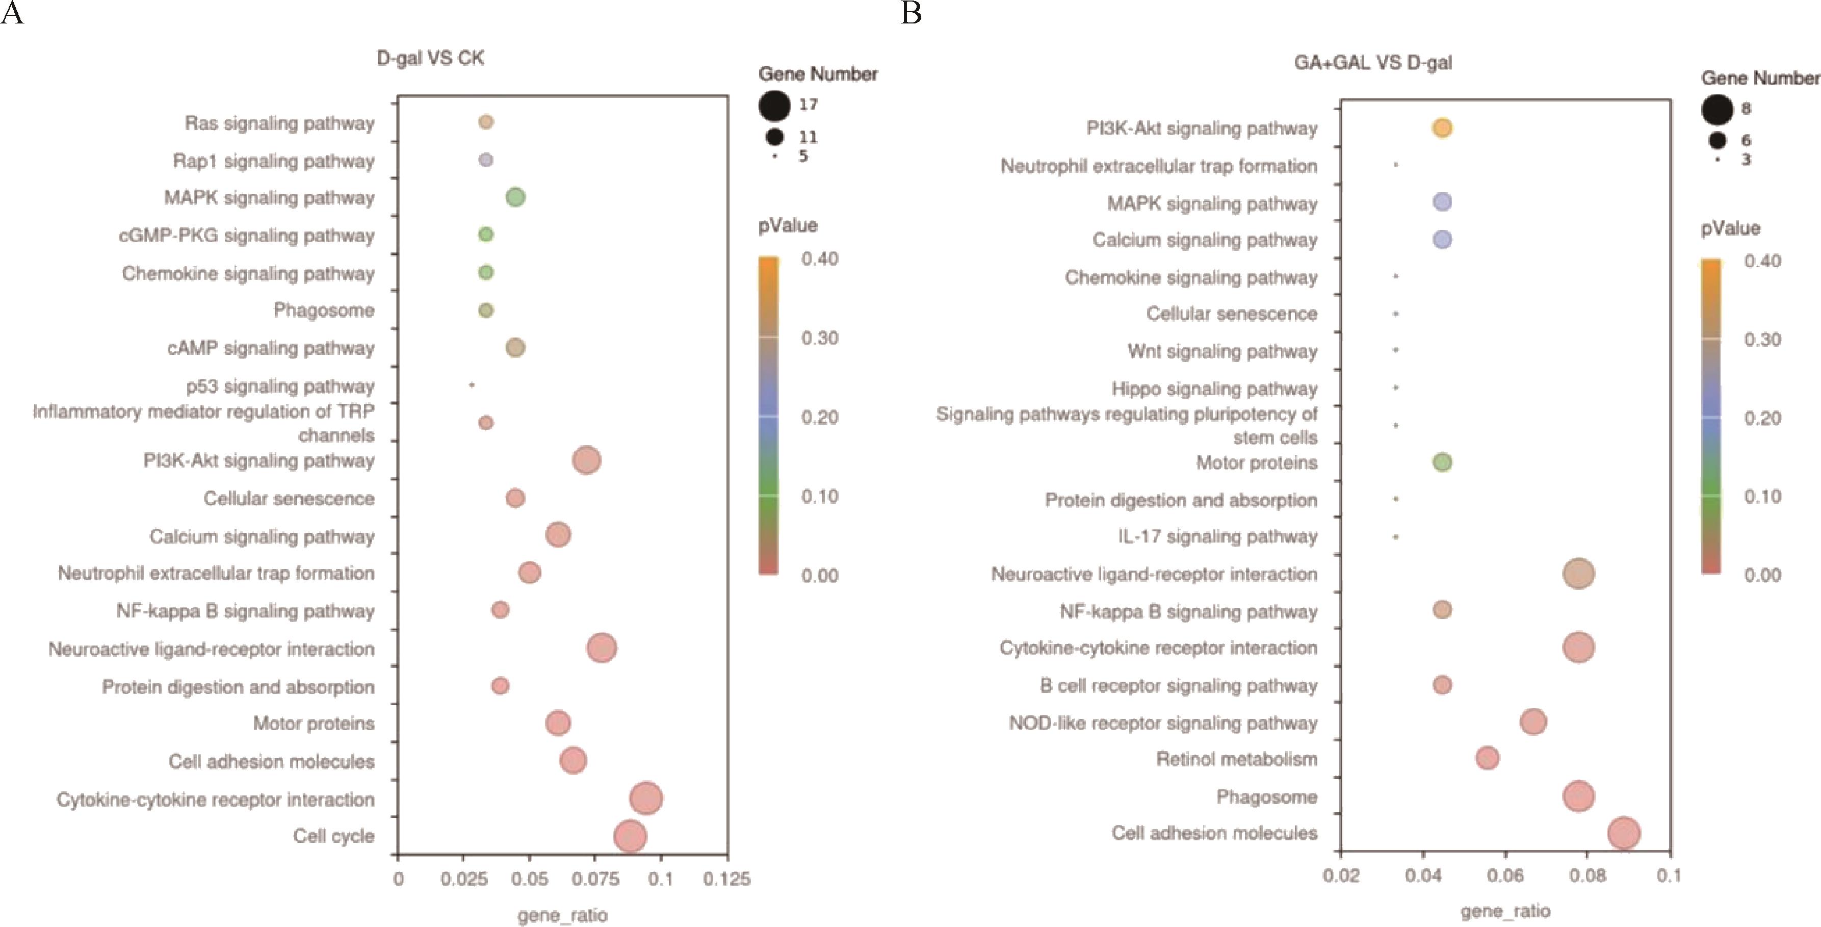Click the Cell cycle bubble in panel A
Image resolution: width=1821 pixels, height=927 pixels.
click(x=630, y=836)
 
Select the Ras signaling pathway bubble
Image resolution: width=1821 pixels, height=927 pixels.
click(x=486, y=122)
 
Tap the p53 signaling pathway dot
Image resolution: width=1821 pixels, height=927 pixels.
click(x=472, y=385)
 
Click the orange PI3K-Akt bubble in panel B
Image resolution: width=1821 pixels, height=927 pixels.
click(x=1442, y=128)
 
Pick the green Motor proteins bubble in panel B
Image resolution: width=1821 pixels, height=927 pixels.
click(x=1442, y=462)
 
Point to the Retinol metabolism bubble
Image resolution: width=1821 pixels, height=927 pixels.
click(x=1488, y=758)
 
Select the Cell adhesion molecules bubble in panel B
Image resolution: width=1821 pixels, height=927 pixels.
click(x=1624, y=834)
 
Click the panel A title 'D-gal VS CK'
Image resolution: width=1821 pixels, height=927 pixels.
click(x=430, y=58)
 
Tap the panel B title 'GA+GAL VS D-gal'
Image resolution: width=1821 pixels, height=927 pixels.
click(x=1373, y=63)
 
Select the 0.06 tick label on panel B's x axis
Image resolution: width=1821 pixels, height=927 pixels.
click(x=1505, y=875)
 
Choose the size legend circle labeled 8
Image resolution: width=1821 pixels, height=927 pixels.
click(x=1717, y=110)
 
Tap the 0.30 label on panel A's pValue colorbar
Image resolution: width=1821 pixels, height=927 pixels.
click(x=819, y=338)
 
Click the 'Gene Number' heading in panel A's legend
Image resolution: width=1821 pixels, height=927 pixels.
click(x=817, y=74)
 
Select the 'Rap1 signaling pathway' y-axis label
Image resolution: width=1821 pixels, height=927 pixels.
click(x=274, y=161)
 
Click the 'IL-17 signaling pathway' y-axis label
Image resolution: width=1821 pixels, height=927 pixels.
click(x=1217, y=537)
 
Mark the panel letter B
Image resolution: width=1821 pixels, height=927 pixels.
click(x=911, y=13)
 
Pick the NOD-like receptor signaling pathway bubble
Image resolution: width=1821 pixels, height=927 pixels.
click(x=1532, y=722)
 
